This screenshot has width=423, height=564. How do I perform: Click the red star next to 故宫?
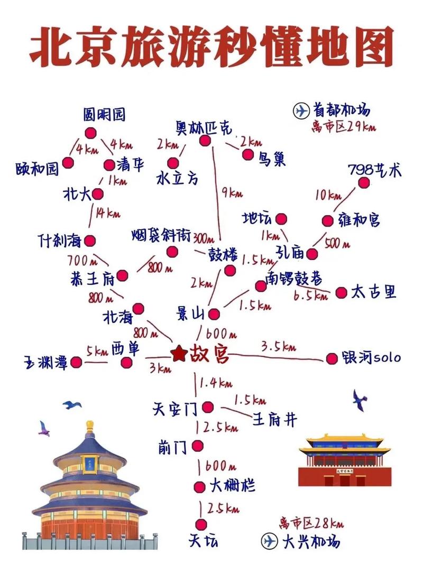click(x=180, y=353)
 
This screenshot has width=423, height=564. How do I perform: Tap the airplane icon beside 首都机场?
click(x=300, y=111)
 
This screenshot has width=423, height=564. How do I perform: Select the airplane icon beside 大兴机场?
click(x=270, y=541)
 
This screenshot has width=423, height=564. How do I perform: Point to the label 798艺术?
click(x=374, y=170)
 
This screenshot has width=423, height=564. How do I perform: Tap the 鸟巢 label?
click(x=272, y=159)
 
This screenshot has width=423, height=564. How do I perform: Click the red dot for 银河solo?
click(x=332, y=359)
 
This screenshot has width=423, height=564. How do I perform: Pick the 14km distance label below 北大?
click(x=107, y=213)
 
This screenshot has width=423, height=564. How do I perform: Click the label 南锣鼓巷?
click(x=294, y=279)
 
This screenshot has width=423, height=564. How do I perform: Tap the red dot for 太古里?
click(x=341, y=292)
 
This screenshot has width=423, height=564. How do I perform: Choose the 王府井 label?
click(x=274, y=420)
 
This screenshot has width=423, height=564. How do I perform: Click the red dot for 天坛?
click(x=200, y=524)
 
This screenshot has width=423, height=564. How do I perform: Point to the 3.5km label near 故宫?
click(x=278, y=347)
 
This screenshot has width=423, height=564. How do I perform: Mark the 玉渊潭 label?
click(x=45, y=363)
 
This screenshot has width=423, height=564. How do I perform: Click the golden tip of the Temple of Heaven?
click(x=90, y=426)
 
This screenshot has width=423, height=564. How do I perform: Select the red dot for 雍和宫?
click(x=329, y=220)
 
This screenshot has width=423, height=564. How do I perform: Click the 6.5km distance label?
click(x=310, y=296)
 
